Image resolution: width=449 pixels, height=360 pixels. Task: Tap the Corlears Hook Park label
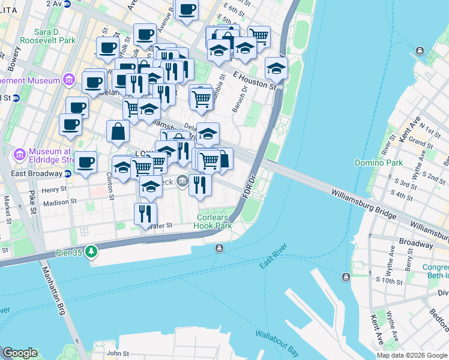tap(212, 221)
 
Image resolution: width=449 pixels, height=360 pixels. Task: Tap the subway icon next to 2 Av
tap(67, 4)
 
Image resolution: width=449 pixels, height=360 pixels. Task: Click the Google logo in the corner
tap(20, 353)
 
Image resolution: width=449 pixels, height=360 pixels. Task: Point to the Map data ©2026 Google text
tap(412, 355)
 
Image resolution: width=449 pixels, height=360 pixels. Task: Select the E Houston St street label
tap(255, 81)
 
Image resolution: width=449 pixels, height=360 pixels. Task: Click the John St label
tap(118, 353)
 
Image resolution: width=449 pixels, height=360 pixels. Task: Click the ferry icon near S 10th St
tap(346, 277)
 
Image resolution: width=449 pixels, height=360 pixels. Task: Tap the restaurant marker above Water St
tap(146, 214)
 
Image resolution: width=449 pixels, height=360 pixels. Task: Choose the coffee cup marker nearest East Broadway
tap(86, 162)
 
